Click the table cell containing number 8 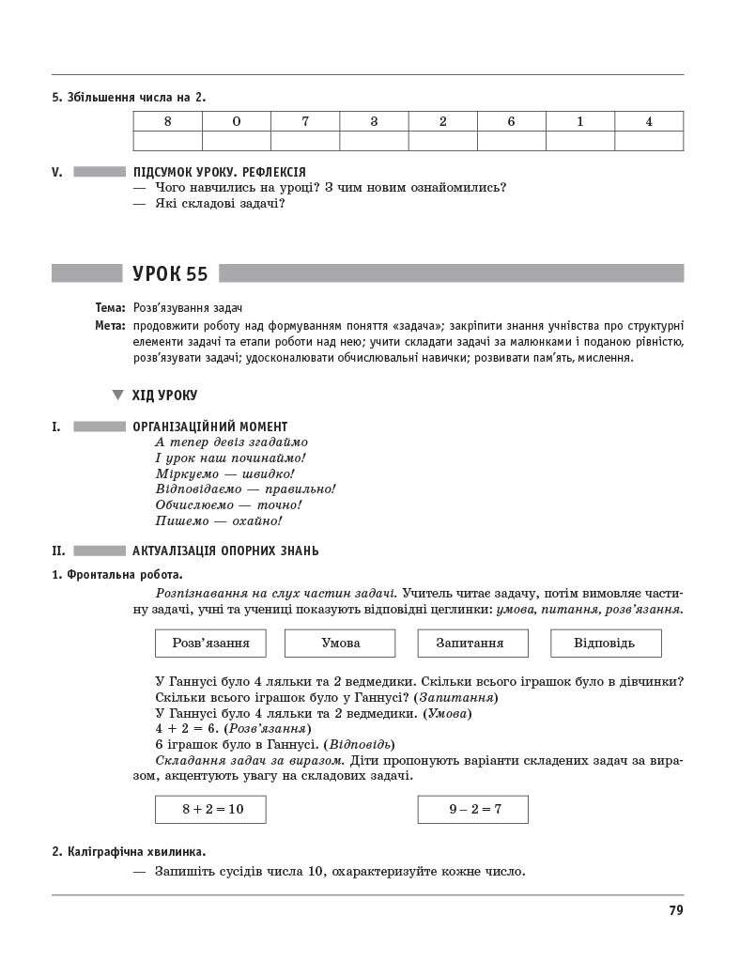(167, 121)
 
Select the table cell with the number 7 (305, 121)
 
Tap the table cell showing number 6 (511, 121)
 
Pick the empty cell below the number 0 (236, 141)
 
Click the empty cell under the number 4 (649, 141)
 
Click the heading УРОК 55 (170, 273)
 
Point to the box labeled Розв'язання (210, 643)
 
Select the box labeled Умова (340, 643)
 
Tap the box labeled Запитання (472, 643)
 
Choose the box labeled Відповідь (605, 643)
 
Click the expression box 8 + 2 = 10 (210, 809)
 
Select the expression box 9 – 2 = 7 (472, 809)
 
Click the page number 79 (675, 909)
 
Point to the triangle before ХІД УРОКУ (117, 396)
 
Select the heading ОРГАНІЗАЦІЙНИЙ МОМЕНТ (210, 427)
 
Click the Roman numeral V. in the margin (57, 172)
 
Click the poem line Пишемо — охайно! (218, 520)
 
